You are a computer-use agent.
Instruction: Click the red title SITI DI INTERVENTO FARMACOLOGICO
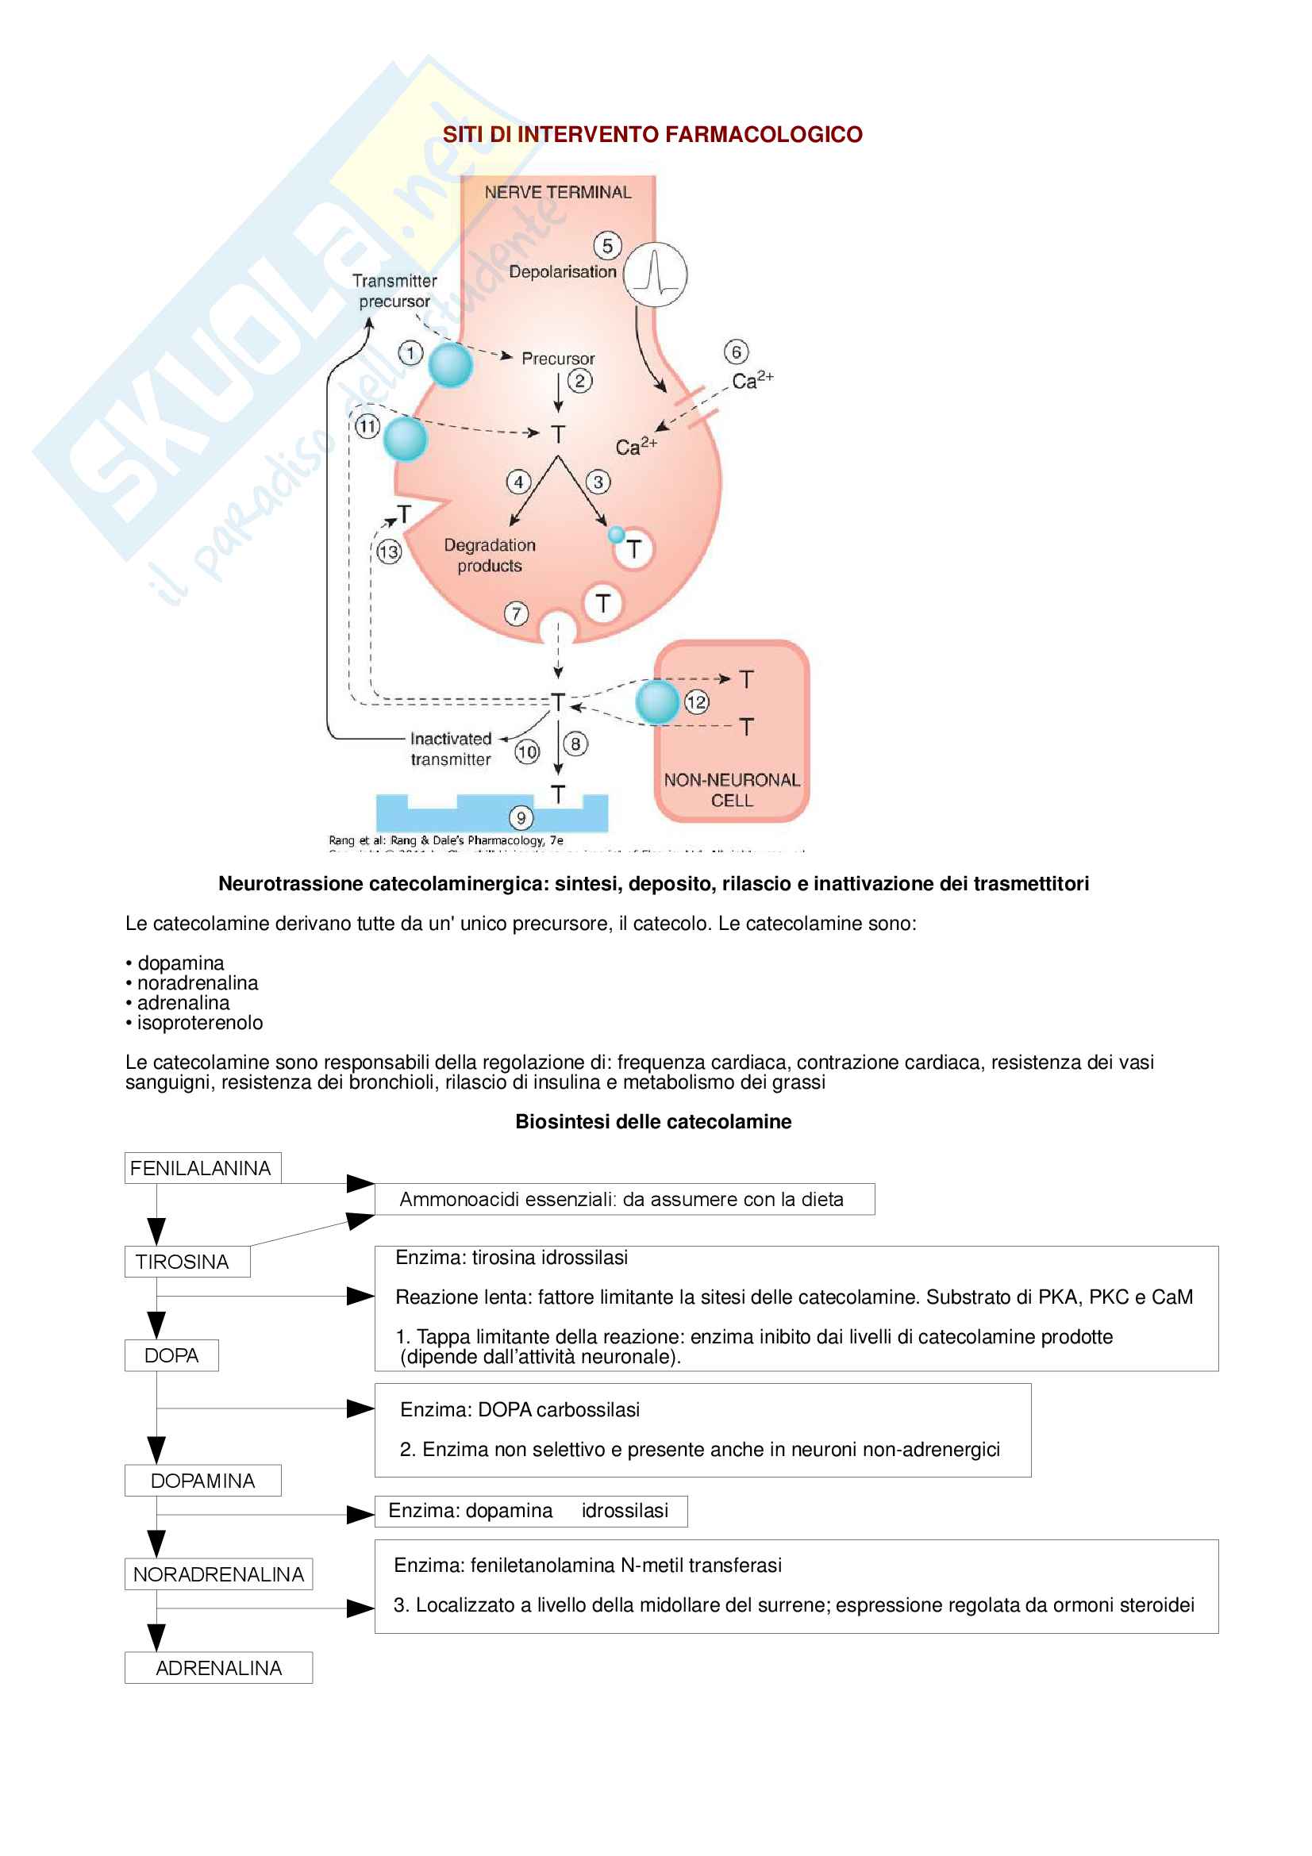pos(652,134)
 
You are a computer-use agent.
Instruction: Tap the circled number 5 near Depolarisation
pos(607,246)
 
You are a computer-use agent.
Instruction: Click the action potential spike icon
pos(656,275)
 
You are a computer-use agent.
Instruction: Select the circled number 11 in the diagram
pos(367,426)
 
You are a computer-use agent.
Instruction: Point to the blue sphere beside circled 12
pos(656,701)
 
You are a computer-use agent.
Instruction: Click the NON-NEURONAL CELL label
pos(732,790)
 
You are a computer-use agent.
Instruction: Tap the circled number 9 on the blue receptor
pos(521,818)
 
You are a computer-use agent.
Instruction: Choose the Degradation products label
pos(489,555)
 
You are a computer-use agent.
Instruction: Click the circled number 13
pos(389,551)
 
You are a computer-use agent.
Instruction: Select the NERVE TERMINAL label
pos(558,192)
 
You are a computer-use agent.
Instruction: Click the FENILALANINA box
pos(202,1168)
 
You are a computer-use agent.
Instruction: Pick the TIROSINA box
pos(187,1261)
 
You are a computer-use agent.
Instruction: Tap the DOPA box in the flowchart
pos(171,1355)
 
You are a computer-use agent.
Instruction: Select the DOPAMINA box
pos(203,1480)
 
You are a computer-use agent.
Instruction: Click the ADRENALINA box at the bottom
pos(218,1668)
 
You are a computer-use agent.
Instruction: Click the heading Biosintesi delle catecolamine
pos(653,1121)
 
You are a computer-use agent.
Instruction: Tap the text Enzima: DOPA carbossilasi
pos(520,1410)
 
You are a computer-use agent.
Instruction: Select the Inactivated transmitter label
pos(450,748)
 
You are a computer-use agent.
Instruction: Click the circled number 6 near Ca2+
pos(736,352)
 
